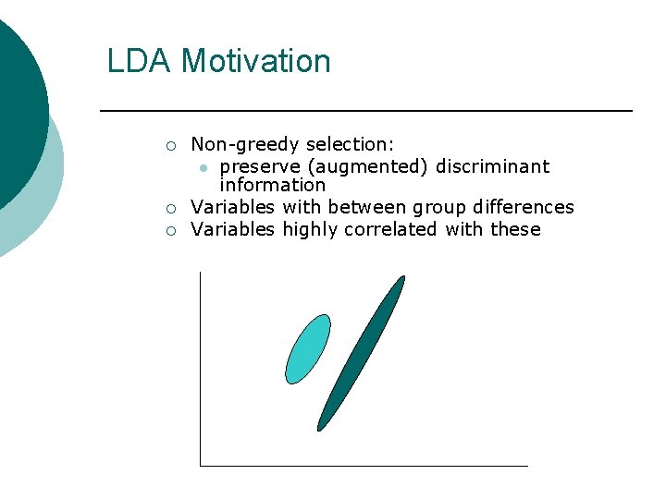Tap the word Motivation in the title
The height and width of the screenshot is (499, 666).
[255, 61]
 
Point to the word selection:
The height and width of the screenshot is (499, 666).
[350, 144]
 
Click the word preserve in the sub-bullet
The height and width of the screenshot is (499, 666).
[260, 166]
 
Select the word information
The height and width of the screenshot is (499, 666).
[272, 185]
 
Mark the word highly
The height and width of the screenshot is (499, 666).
[310, 229]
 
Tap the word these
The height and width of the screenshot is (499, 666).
[515, 229]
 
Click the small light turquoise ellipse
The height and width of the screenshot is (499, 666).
[308, 348]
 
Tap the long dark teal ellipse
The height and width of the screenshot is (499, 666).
[361, 353]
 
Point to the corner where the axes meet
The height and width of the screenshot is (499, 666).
[200, 465]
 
